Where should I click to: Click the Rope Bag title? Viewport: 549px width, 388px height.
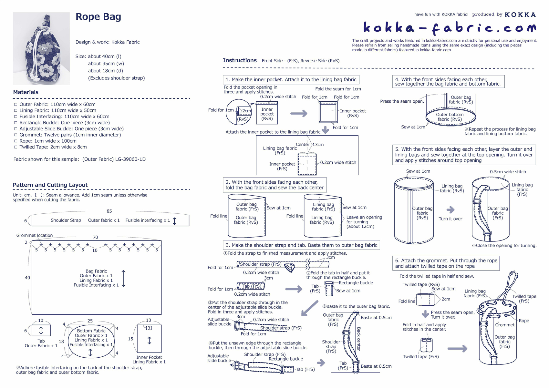[98, 17]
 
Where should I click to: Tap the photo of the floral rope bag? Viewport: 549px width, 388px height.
[41, 48]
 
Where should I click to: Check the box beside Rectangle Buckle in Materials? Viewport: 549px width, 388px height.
[16, 123]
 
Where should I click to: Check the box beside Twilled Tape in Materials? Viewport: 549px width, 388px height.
[16, 147]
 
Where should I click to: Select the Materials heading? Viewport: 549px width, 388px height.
[26, 92]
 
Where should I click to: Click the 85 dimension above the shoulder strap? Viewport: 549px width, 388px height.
[109, 211]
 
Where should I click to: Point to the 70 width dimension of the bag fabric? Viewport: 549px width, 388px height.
[95, 237]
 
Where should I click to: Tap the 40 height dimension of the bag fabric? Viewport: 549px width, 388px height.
[27, 278]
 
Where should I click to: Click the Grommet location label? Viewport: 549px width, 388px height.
[35, 235]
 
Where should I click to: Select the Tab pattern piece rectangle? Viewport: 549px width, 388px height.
[41, 330]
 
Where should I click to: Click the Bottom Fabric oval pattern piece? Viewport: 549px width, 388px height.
[91, 339]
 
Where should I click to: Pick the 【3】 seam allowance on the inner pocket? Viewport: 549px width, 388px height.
[149, 328]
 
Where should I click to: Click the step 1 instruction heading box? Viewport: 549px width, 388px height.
[291, 80]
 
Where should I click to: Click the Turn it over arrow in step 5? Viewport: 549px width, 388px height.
[451, 210]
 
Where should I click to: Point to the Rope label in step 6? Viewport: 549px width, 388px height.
[524, 321]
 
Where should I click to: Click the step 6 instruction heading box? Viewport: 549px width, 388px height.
[446, 263]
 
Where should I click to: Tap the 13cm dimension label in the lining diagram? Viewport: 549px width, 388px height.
[318, 145]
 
